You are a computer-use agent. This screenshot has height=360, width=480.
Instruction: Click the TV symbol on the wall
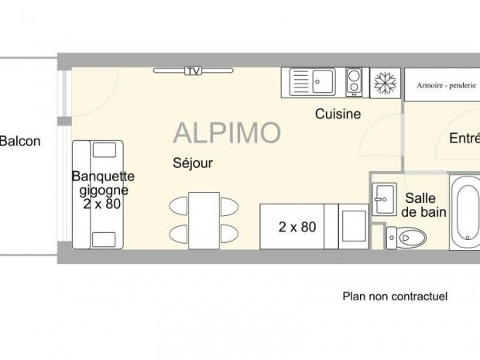[193, 71]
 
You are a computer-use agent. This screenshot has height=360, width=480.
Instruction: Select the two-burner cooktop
[354, 81]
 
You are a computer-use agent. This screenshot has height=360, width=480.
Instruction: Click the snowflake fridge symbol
[382, 83]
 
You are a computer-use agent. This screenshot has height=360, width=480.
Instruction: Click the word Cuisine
[338, 114]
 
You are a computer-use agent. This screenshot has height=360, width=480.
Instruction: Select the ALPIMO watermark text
[226, 133]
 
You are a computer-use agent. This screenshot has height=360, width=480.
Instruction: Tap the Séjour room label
[192, 163]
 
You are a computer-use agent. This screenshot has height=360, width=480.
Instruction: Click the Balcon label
[19, 141]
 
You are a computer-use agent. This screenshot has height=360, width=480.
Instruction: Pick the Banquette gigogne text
[103, 182]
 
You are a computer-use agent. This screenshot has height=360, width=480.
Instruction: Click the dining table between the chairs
[203, 219]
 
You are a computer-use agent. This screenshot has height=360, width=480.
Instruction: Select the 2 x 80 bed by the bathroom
[298, 227]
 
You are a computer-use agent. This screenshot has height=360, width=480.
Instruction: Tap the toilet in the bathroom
[406, 236]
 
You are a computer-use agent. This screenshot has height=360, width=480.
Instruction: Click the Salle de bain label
[423, 204]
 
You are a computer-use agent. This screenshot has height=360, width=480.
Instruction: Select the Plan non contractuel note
[395, 296]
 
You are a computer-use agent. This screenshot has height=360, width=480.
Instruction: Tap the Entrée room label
[464, 139]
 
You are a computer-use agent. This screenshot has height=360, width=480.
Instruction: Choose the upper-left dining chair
[178, 206]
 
